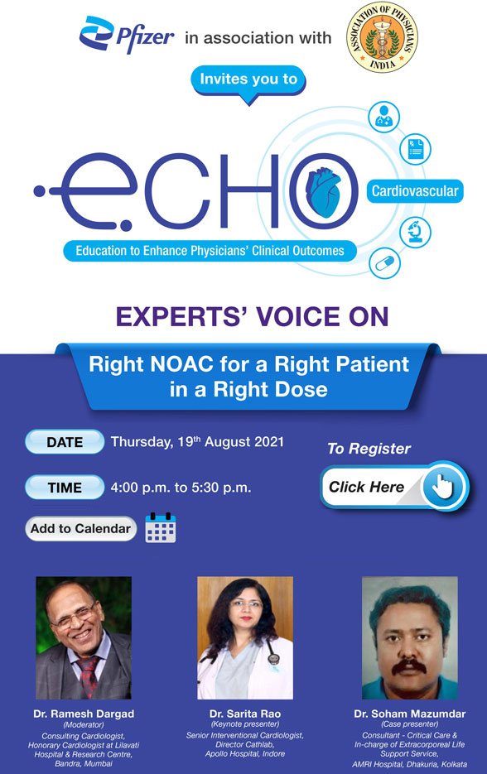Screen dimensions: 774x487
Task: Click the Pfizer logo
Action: [126, 37]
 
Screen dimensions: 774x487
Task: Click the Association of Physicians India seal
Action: [382, 38]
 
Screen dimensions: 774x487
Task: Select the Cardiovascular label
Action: [414, 192]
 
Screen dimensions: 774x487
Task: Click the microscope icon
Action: [414, 233]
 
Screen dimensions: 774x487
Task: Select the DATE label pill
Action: [65, 442]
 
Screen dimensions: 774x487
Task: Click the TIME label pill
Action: [65, 488]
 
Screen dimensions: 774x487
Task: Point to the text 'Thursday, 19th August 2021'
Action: [197, 442]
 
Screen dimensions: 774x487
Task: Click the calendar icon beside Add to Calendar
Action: [161, 528]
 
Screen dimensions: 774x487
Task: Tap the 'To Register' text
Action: [369, 449]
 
